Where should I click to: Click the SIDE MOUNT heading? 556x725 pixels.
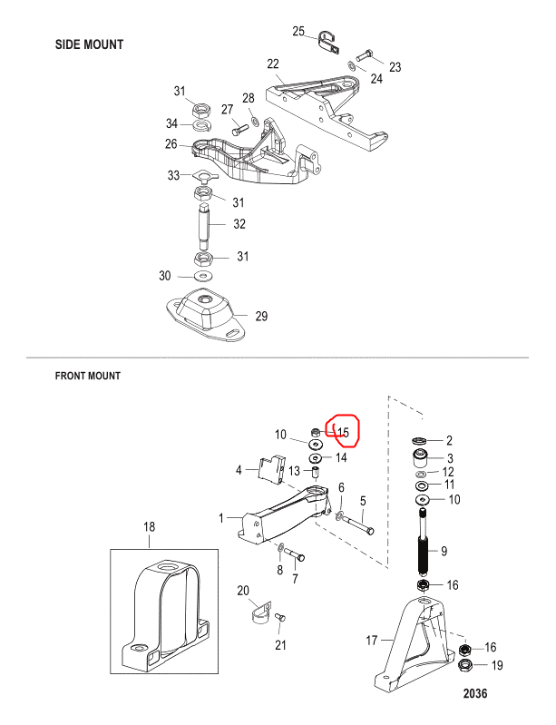(89, 44)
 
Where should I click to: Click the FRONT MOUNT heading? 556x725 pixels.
(88, 376)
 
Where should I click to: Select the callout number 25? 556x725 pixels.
(298, 31)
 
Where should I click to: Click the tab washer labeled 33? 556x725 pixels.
(202, 176)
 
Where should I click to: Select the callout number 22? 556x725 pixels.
(273, 64)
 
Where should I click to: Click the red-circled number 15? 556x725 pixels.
(343, 432)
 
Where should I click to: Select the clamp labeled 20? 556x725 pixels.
(261, 612)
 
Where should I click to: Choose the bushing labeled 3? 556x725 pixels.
(421, 458)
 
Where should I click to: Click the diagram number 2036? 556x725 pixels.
(475, 693)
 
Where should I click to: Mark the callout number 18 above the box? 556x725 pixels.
(149, 526)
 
